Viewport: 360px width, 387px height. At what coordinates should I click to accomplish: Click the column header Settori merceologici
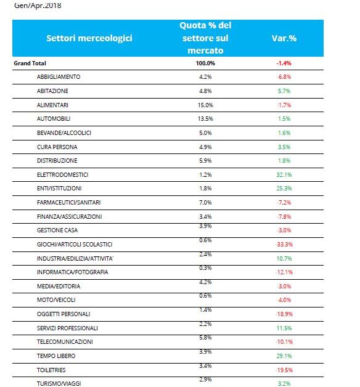pos(89,38)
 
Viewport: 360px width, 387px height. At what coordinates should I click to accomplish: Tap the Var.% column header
pos(284,38)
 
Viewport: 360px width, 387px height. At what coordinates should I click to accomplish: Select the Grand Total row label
pos(30,63)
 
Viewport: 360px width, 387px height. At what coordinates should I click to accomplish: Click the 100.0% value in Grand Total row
pos(205,63)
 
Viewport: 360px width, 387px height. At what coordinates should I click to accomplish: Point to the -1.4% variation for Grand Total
pos(284,63)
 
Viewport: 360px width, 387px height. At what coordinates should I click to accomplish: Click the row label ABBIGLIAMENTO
pos(59,77)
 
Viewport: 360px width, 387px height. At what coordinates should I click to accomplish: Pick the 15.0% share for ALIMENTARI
pos(205,105)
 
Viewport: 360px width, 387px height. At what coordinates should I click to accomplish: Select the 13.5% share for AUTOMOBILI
pos(205,119)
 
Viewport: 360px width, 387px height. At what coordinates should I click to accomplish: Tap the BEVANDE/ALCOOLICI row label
pos(64,132)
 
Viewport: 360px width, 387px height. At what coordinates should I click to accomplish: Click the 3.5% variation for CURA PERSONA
pos(284,147)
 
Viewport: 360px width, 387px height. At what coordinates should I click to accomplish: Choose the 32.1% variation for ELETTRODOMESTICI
pos(284,175)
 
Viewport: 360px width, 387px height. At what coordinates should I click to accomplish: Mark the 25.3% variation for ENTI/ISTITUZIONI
pos(284,189)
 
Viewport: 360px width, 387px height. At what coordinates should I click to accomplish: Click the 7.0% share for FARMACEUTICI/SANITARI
pos(205,203)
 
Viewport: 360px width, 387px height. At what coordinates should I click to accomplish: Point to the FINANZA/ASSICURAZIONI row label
pos(70,217)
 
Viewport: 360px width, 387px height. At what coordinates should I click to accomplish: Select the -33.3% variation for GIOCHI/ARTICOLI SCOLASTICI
pos(284,245)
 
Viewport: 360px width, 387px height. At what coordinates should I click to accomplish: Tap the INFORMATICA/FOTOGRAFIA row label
pos(73,272)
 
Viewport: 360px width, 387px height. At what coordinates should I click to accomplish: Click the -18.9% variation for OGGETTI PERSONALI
pos(284,314)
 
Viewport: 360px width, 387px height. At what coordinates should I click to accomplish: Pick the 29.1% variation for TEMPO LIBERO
pos(284,356)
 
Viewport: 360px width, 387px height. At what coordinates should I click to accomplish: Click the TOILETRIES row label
pos(51,370)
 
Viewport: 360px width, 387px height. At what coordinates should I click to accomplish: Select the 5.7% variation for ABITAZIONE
pos(284,91)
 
